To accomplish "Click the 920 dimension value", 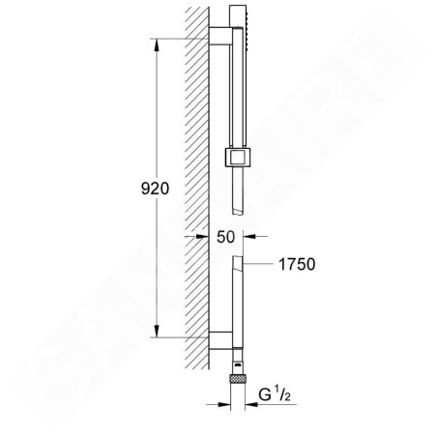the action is coord(155,189).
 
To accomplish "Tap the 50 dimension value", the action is coord(225,237).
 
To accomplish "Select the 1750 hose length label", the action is coord(297,264).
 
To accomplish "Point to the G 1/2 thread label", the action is coord(275,394).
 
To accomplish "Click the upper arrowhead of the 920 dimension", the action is coord(157,45).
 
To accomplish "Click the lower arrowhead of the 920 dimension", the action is coord(157,332).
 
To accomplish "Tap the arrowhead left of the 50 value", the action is coord(202,236).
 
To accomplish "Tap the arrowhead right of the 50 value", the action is coord(249,236).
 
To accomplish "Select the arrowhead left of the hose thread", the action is coord(224,404).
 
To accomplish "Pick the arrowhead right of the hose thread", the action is coord(251,404).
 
